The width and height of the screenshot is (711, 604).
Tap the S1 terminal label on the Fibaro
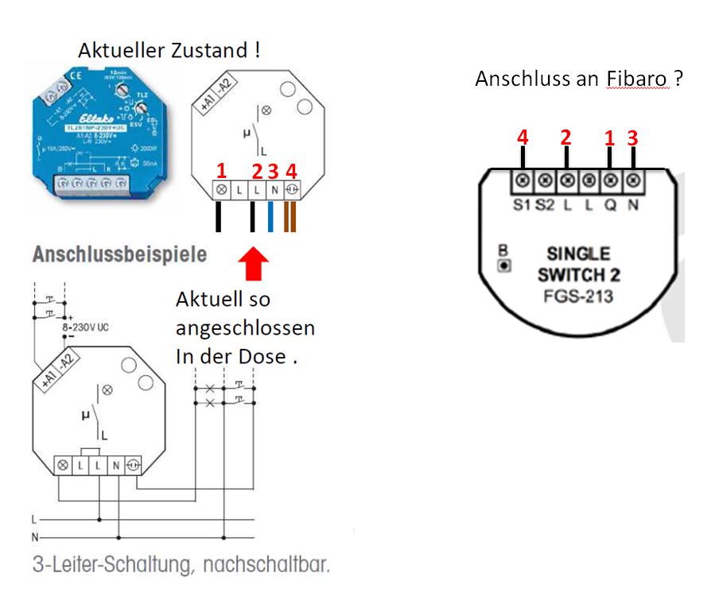pos(523,206)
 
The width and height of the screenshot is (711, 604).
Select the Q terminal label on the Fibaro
pos(610,206)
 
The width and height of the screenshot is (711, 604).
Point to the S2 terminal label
pos(546,206)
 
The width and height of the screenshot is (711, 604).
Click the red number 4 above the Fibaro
pos(522,138)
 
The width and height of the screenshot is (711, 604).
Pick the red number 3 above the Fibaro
pos(633,138)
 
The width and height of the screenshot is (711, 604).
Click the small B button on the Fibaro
pos(503,265)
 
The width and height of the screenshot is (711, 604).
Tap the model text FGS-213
pos(578,296)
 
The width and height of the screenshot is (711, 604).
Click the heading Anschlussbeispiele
pos(119,256)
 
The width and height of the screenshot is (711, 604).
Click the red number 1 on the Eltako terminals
pos(222,170)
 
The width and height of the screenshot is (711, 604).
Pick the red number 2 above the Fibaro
pos(565,138)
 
